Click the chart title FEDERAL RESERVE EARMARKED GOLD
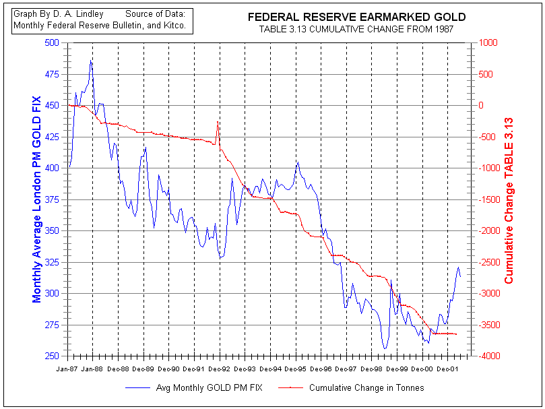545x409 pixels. pyautogui.click(x=356, y=17)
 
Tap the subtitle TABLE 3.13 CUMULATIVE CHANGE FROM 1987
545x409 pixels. pyautogui.click(x=356, y=29)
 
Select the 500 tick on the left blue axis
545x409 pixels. pyautogui.click(x=52, y=42)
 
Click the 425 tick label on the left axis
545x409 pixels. pyautogui.click(x=52, y=137)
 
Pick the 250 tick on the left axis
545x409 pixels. pyautogui.click(x=52, y=356)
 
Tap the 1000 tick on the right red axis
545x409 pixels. pyautogui.click(x=486, y=42)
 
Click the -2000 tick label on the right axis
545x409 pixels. pyautogui.click(x=488, y=230)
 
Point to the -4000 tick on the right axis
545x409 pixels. pyautogui.click(x=488, y=356)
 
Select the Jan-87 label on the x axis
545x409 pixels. pyautogui.click(x=67, y=369)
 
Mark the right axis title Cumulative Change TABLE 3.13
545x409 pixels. pyautogui.click(x=509, y=199)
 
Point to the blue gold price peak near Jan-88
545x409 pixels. pyautogui.click(x=91, y=61)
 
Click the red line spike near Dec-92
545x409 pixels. pyautogui.click(x=218, y=122)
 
